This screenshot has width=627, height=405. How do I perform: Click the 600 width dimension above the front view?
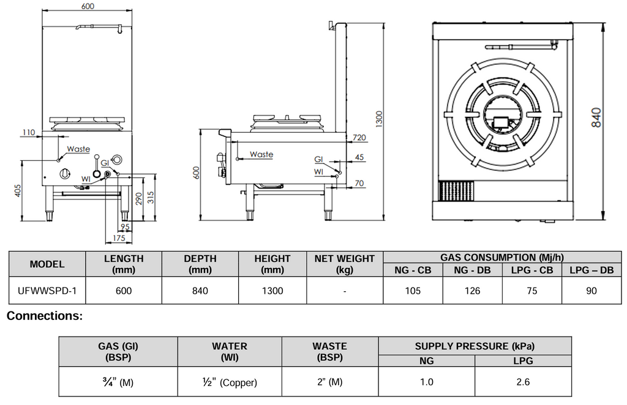[88, 6]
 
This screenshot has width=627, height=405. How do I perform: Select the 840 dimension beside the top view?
[597, 116]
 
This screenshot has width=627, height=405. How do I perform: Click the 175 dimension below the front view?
[119, 238]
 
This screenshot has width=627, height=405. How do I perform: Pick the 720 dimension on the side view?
[359, 138]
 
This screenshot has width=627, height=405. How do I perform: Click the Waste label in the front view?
[78, 149]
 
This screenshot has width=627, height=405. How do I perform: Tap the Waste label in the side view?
[261, 155]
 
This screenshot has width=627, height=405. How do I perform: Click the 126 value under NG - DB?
[472, 291]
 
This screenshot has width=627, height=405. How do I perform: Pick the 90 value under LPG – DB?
[591, 291]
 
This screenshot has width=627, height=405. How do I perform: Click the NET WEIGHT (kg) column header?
[345, 264]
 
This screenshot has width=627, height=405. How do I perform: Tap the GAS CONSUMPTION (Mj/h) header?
[501, 258]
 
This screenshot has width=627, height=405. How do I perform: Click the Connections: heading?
[44, 316]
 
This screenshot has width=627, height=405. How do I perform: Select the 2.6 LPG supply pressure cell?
[523, 382]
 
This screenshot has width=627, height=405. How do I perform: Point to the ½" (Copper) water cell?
[230, 382]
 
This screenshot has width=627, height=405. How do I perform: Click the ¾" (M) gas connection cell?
[118, 382]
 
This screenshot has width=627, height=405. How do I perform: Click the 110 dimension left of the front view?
[28, 132]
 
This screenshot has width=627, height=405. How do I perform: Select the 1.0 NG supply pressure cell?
[427, 382]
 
